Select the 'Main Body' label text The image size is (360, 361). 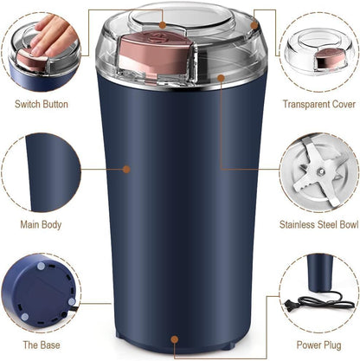(42, 225)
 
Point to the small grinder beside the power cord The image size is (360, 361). (319, 282)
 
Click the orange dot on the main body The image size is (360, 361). (127, 170)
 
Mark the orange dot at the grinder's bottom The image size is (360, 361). (176, 340)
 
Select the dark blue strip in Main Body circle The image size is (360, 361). (33, 172)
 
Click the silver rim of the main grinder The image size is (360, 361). (182, 86)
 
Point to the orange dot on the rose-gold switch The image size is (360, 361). (157, 37)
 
